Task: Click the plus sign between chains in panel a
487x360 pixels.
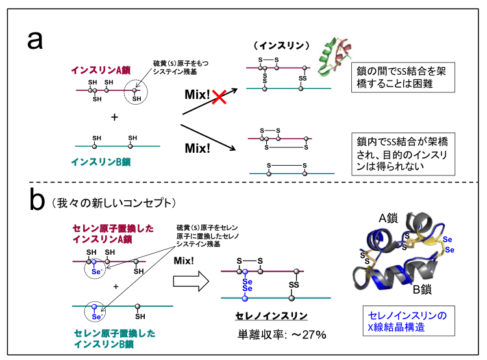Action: coord(114,118)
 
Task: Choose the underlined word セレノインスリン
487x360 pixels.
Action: coord(271,316)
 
